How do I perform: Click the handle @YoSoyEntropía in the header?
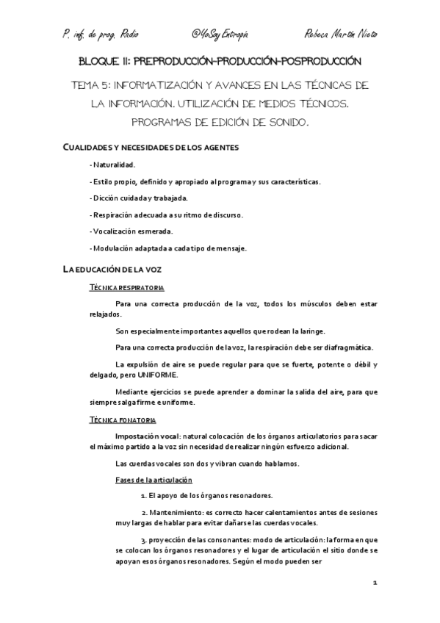pos(220,35)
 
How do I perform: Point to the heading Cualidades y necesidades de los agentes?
pos(150,148)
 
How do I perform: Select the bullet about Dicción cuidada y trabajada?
pos(139,198)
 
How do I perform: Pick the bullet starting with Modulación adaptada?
pos(167,248)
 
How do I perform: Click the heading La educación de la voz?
pos(117,270)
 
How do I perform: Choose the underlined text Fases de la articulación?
pos(154,480)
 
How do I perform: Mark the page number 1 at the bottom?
pos(375,583)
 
